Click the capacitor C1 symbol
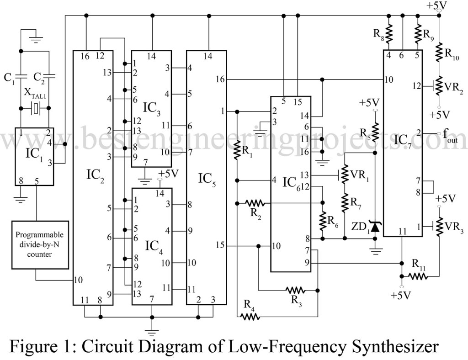point(21,75)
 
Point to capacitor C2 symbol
point(48,75)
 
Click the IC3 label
point(152,109)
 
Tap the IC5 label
point(207,178)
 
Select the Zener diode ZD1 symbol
point(375,225)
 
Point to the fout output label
point(450,135)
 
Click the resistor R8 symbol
point(388,32)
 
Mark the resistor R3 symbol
point(295,290)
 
